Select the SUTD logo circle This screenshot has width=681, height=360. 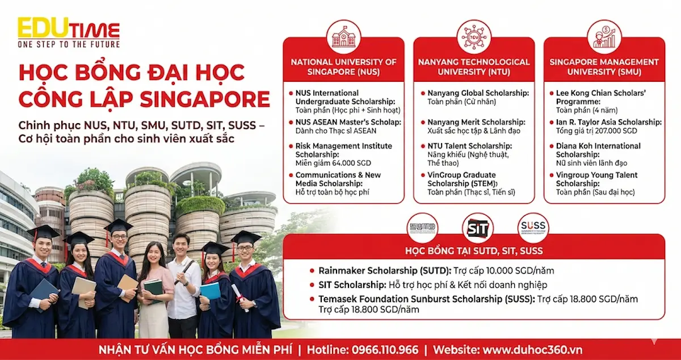(423, 228)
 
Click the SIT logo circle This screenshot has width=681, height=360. (477, 228)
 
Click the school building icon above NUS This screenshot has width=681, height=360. (343, 37)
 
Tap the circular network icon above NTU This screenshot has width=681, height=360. (474, 37)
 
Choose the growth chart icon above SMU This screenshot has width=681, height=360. (604, 37)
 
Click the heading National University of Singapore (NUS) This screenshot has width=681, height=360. (343, 67)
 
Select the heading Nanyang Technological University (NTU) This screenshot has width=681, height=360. (474, 67)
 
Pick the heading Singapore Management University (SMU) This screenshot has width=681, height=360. (604, 67)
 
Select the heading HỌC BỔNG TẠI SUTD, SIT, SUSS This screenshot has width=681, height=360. (473, 250)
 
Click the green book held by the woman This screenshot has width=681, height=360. (152, 287)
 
